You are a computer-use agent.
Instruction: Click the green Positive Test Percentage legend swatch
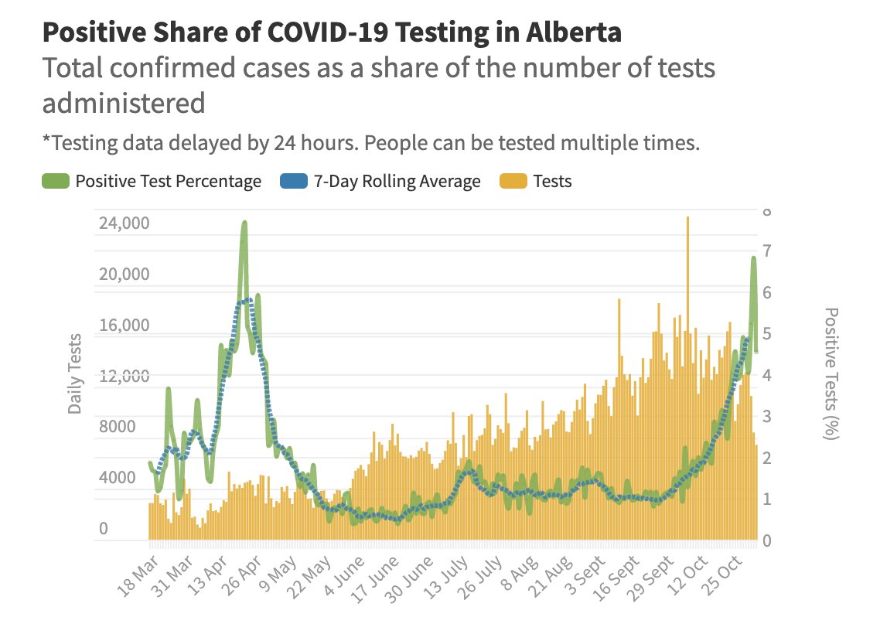tap(56, 182)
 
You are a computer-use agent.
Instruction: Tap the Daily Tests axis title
tap(75, 373)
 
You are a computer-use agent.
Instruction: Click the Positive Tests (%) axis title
tap(831, 373)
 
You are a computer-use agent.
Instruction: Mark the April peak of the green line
tap(244, 224)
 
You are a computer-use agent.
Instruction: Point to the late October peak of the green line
tap(753, 259)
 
